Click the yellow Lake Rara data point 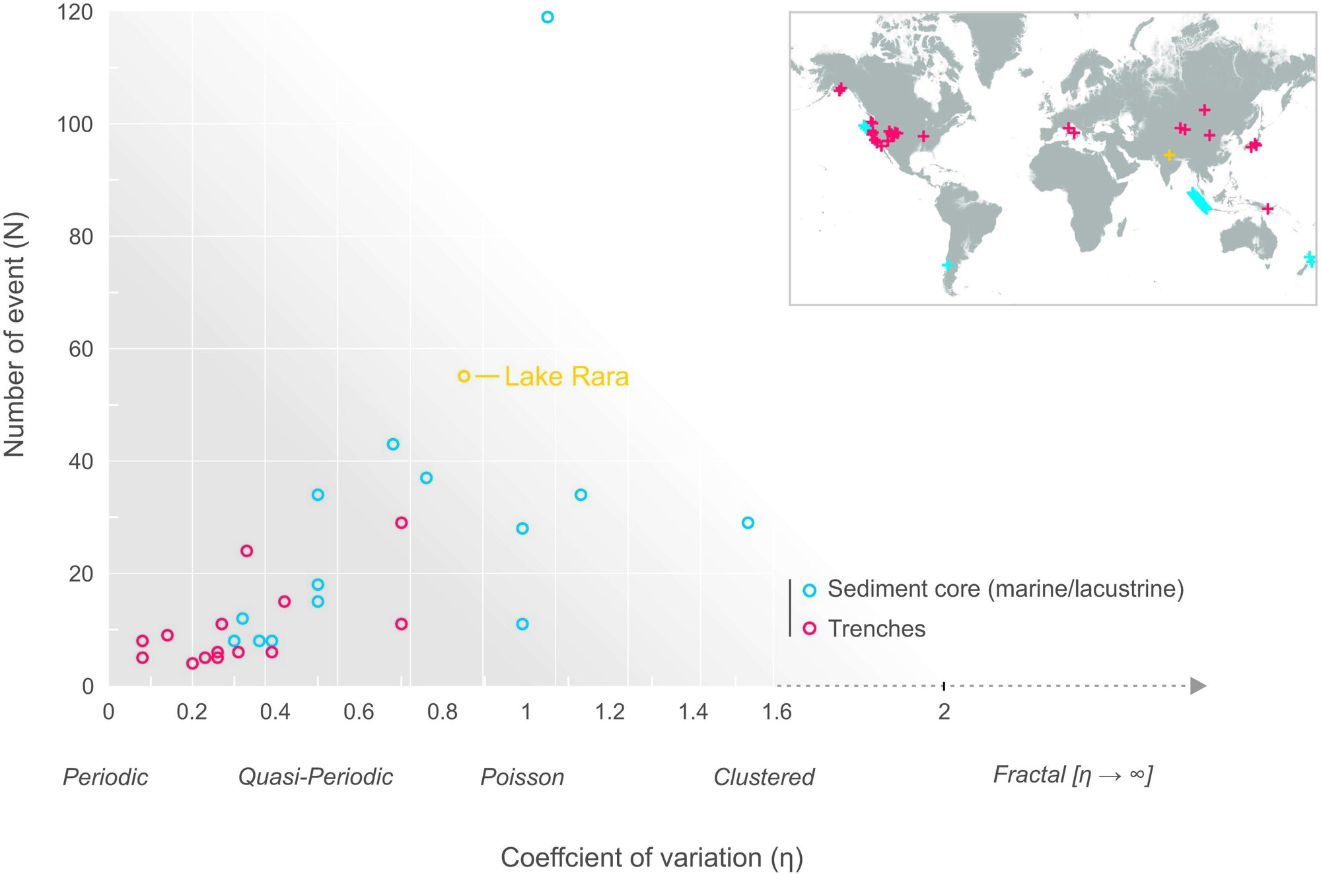coord(464,376)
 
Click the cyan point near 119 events coord(547,17)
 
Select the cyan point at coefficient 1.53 coord(748,523)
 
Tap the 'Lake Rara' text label coord(566,377)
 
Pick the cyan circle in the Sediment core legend coord(809,590)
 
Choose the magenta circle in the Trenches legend coord(809,628)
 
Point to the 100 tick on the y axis coord(75,124)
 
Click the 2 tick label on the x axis coord(944,712)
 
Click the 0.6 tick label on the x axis coord(359,712)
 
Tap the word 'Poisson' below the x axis coord(522,777)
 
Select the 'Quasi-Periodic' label coord(315,777)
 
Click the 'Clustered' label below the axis coord(764,777)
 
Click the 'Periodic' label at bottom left coord(105,777)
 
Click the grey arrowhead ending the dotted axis coord(1198,686)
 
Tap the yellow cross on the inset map coord(1169,155)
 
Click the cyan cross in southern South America coord(948,265)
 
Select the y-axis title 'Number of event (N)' coord(15,334)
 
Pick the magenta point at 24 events coord(246,551)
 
